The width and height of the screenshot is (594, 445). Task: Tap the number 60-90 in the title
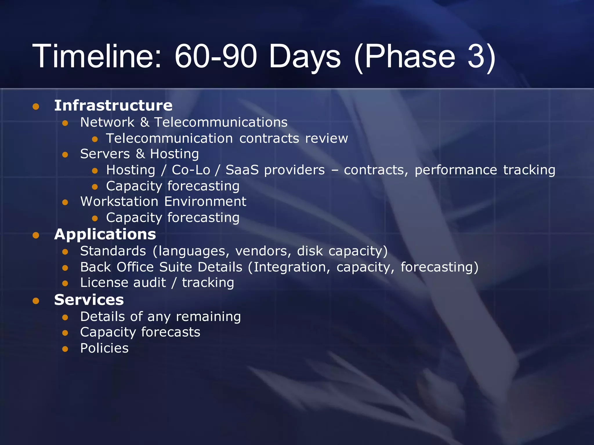coord(216,56)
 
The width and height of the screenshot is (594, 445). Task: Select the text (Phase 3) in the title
coord(425,57)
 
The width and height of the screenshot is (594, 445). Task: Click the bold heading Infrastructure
coord(113,105)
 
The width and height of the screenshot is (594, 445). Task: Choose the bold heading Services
coord(89,300)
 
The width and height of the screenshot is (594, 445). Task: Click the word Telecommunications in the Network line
coord(221,122)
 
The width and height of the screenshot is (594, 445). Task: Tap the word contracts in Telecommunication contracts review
coord(269,138)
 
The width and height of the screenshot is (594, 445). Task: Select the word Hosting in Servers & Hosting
coord(174,154)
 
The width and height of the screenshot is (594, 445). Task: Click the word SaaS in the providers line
coord(242,170)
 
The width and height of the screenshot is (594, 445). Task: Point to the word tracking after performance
coord(529,170)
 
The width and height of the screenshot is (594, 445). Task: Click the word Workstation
coord(119,201)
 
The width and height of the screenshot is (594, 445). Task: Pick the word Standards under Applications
coord(113,251)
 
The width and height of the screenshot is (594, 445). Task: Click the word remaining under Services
coord(208,317)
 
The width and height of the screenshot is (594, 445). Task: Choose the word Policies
coord(104,348)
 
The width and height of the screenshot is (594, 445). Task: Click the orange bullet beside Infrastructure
coord(36,106)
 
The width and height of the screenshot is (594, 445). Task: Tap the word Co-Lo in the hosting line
coord(191,170)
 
